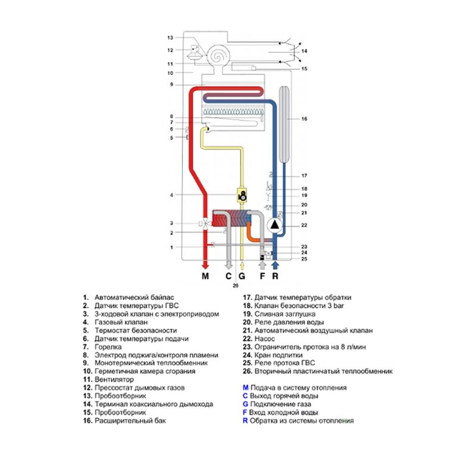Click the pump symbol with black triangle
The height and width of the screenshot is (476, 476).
point(275,226)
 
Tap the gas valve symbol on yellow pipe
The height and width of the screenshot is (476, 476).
point(242,195)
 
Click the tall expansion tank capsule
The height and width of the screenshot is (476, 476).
point(284,125)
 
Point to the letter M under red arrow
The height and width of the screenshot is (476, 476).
point(205,276)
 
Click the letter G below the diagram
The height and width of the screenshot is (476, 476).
point(242,276)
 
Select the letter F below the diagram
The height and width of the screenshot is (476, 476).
point(262,276)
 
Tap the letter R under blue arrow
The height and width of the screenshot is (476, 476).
point(275,276)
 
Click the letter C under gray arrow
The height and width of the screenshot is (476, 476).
point(228,276)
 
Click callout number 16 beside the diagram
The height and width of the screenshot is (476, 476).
point(303,120)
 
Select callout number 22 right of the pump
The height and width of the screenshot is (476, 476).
point(303,225)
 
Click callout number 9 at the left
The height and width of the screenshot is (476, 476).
point(171,84)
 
